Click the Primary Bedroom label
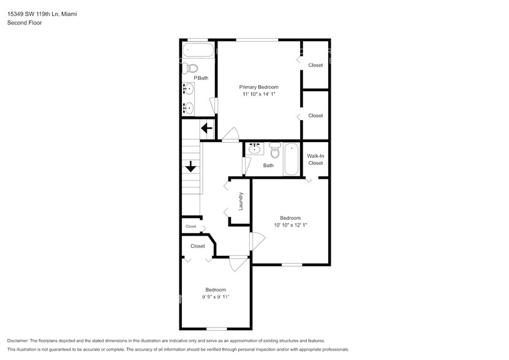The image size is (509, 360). [258, 87]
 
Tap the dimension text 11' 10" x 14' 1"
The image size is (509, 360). [258, 94]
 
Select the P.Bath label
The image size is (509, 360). [201, 78]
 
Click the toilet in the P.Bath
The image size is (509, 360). [192, 68]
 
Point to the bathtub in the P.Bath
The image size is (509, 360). [198, 50]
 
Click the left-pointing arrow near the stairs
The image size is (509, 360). [206, 129]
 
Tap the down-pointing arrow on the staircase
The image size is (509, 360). [190, 166]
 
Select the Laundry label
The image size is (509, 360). [241, 202]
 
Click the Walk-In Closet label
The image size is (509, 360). [315, 159]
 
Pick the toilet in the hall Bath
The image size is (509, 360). [274, 150]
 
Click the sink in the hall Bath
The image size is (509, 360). [254, 148]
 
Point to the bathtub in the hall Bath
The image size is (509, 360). [290, 159]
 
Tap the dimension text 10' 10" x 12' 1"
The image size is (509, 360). [290, 225]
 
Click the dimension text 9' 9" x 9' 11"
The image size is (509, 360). [216, 297]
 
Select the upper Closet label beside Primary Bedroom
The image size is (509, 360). [315, 65]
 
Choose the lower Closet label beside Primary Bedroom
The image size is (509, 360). [315, 115]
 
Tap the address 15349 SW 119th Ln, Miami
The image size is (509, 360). [42, 13]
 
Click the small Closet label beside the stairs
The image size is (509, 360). [191, 227]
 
